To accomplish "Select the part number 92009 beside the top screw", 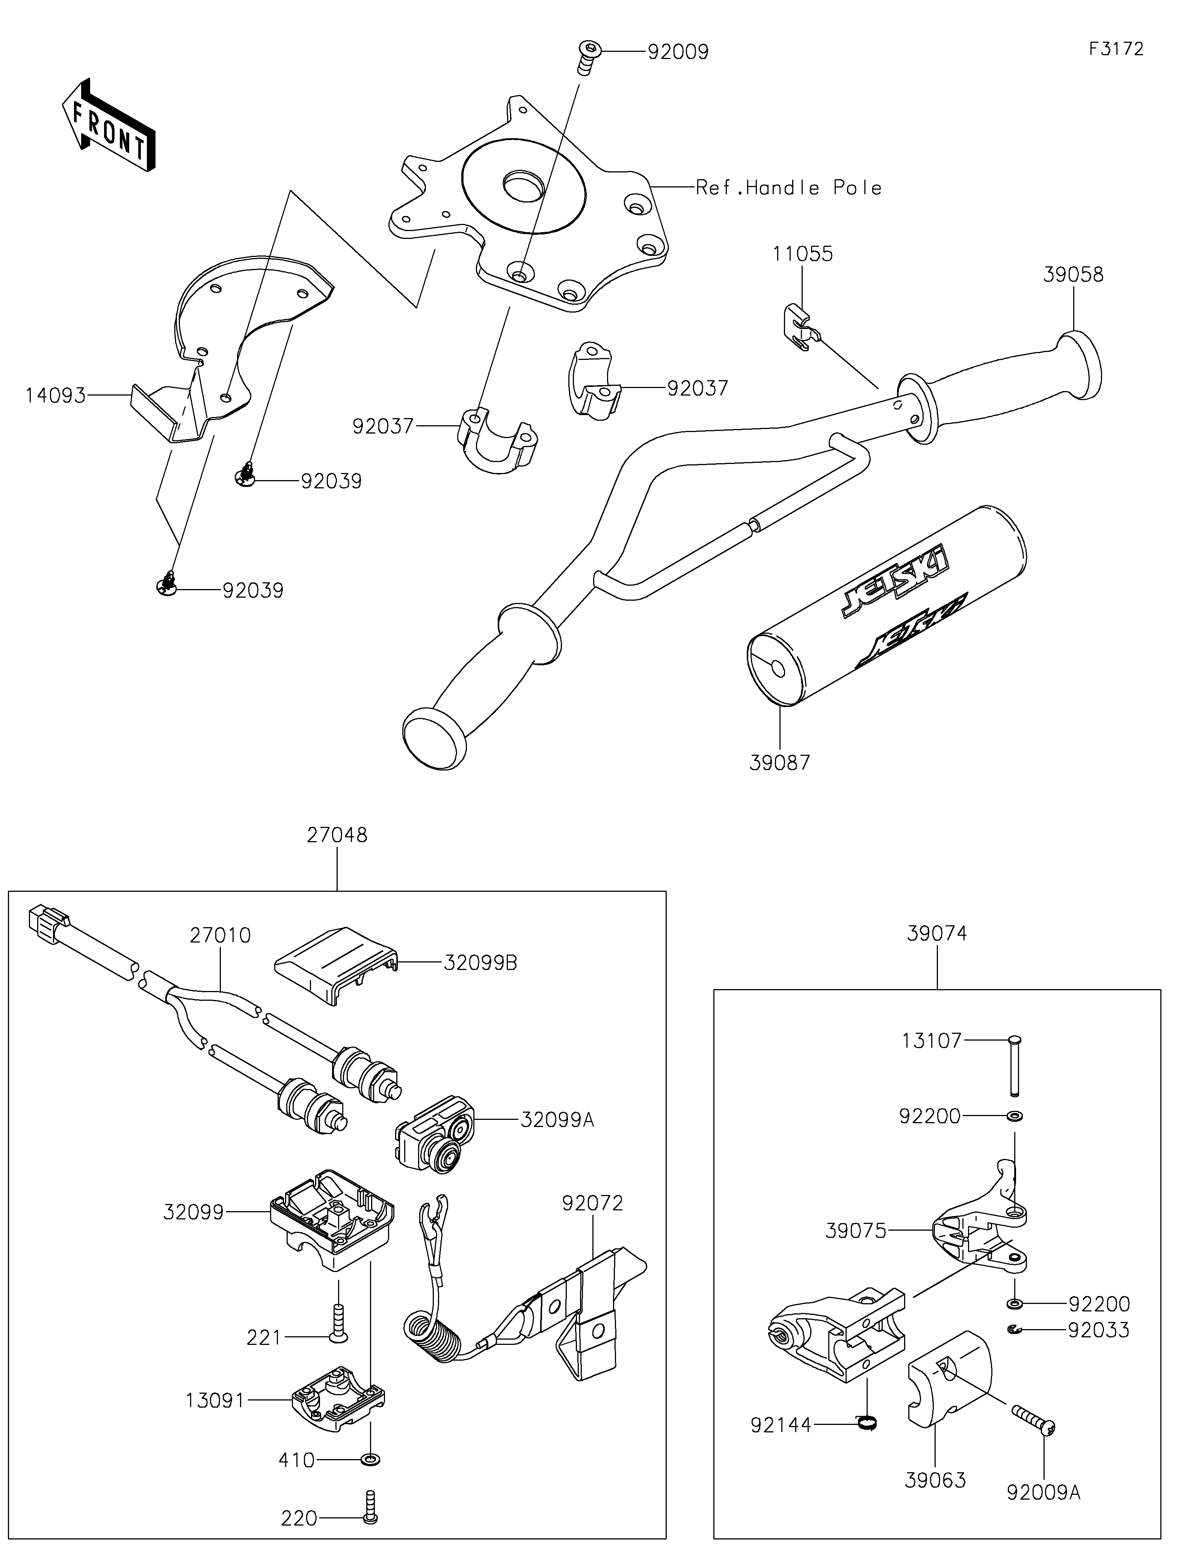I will (x=677, y=53).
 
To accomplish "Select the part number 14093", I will (x=56, y=395).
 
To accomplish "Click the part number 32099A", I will (x=557, y=1120).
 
